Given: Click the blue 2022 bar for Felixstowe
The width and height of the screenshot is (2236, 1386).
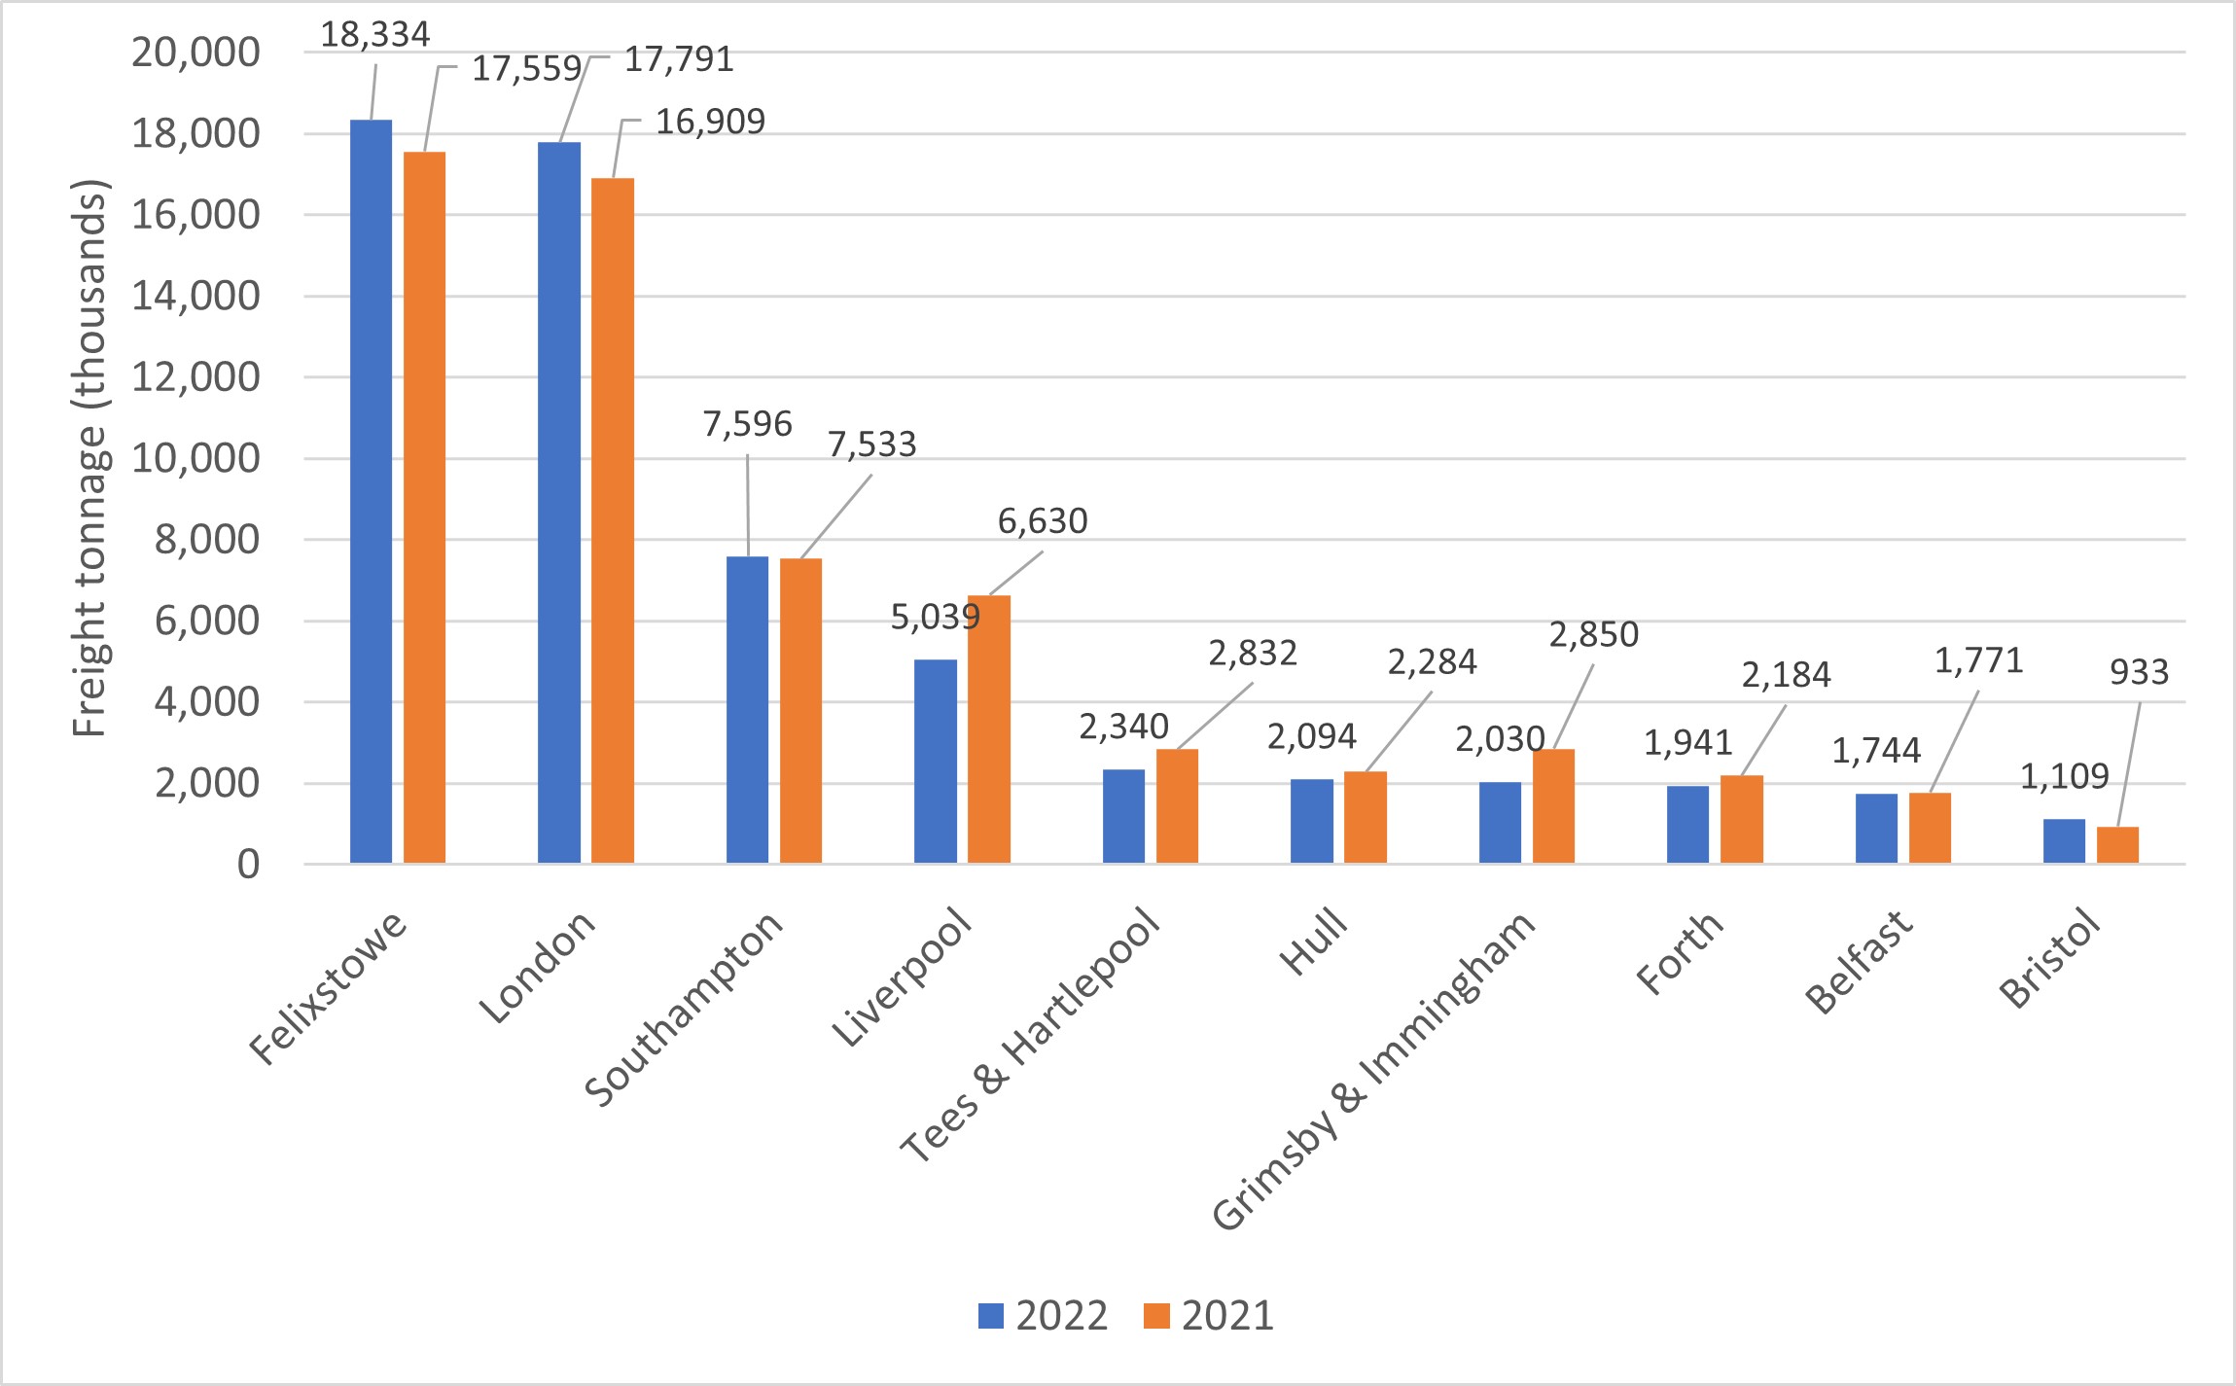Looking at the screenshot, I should point(371,491).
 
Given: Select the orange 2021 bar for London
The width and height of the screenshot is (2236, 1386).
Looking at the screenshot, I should point(613,520).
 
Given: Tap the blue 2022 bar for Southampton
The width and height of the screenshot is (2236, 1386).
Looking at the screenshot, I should point(747,710).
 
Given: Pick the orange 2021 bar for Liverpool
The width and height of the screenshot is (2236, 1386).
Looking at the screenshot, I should point(989,729).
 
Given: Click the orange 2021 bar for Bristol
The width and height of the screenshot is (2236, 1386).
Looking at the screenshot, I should point(2117,845).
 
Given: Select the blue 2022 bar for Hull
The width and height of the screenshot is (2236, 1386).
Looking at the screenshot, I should point(1312,821).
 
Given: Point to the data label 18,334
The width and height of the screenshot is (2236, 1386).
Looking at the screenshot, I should point(374,35).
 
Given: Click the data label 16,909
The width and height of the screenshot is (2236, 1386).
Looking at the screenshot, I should point(710,122).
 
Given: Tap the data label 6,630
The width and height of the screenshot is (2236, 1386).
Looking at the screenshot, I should point(1043,521).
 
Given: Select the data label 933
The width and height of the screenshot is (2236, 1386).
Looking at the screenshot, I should point(2139,672).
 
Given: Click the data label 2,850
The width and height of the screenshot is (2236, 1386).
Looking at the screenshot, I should point(1593,635).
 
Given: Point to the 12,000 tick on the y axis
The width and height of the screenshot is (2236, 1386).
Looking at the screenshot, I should point(195,377).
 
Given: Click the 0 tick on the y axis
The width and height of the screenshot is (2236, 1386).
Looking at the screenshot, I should point(248,864).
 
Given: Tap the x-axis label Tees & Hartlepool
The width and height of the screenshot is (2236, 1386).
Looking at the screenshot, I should point(1031,1036).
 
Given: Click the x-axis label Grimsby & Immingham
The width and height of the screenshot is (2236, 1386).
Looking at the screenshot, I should point(1373,1070).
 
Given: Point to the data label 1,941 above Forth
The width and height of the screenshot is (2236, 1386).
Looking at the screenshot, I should point(1687,743).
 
